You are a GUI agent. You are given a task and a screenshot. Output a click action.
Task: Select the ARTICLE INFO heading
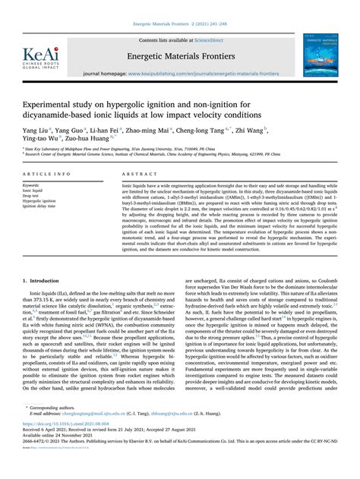coord(47,174)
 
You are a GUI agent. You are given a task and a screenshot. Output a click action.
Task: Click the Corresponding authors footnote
coord(57,429)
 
